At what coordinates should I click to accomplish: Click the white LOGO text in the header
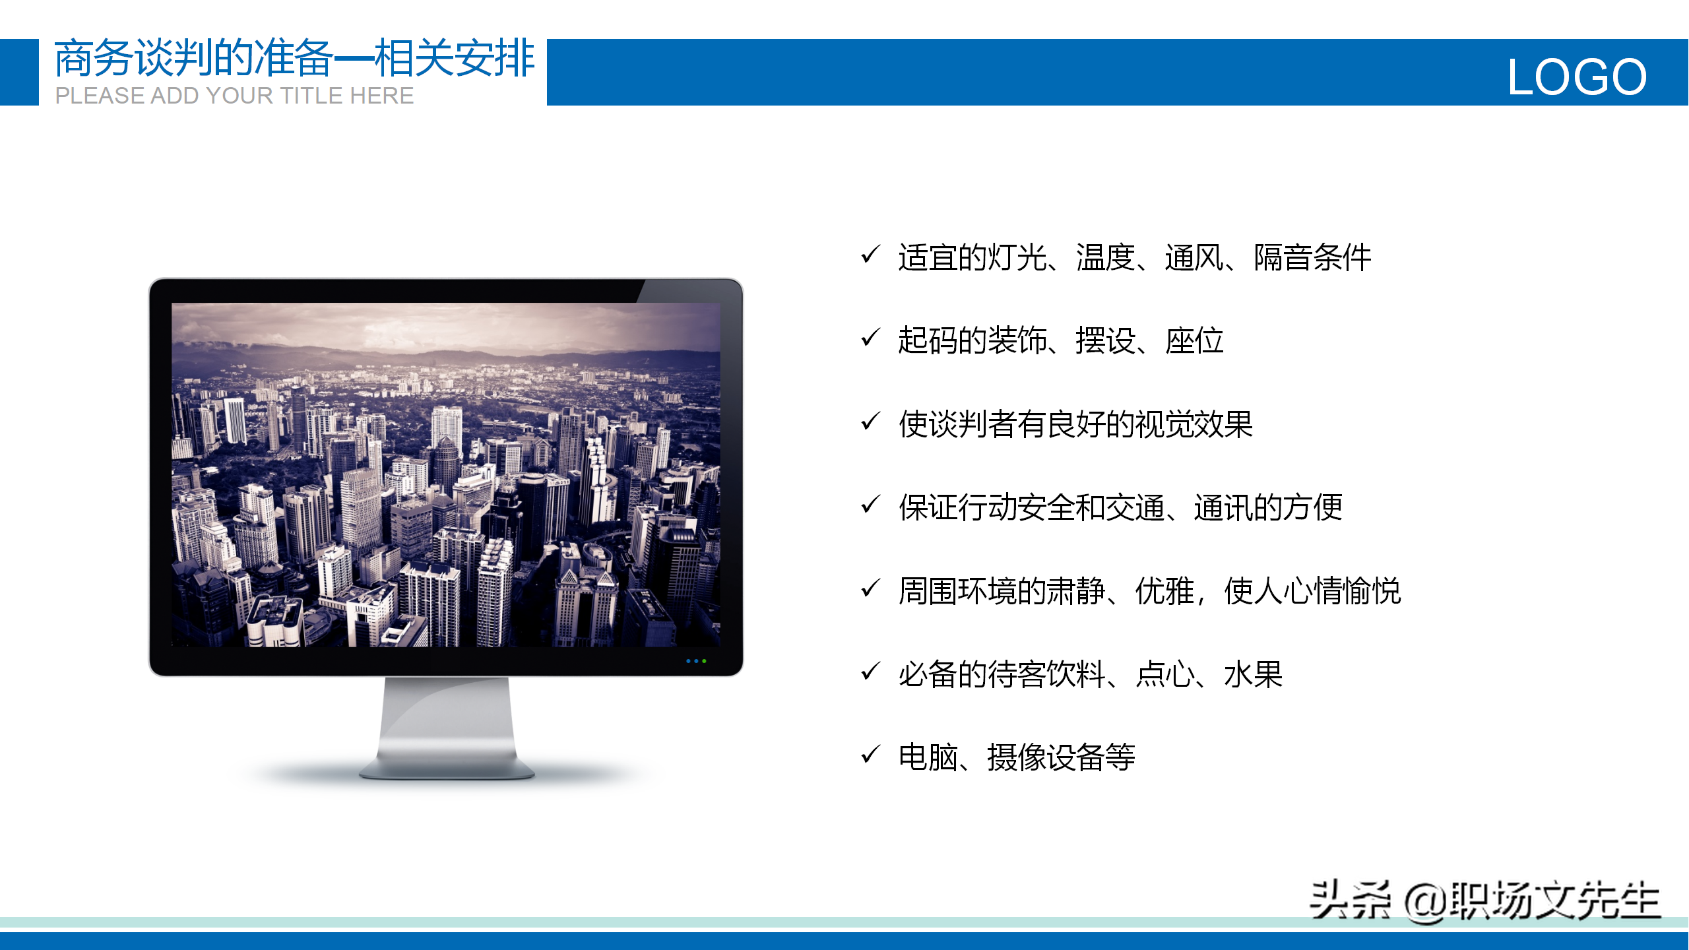coord(1577,77)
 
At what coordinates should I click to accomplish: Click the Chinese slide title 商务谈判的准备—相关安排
coord(294,58)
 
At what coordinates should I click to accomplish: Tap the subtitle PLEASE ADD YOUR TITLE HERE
coord(234,96)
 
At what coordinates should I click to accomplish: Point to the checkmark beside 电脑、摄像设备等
coord(871,753)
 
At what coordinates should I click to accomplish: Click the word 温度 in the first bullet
coord(1106,257)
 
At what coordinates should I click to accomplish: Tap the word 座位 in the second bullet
coord(1194,340)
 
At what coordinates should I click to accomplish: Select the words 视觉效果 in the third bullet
coord(1194,424)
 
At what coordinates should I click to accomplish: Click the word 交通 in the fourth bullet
coord(1135,507)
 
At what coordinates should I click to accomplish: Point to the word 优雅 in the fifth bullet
coord(1165,590)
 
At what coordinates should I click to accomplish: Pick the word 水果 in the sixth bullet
coord(1254,674)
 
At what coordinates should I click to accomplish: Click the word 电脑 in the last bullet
coord(928,757)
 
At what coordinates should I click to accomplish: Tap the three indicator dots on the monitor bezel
coord(696,661)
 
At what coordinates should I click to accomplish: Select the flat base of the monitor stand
coord(447,768)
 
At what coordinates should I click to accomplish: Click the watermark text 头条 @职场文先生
coord(1484,900)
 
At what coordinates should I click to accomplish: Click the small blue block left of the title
coord(19,72)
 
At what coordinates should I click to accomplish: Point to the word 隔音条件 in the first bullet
coord(1313,257)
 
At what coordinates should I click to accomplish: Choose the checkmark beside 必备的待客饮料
coord(871,670)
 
